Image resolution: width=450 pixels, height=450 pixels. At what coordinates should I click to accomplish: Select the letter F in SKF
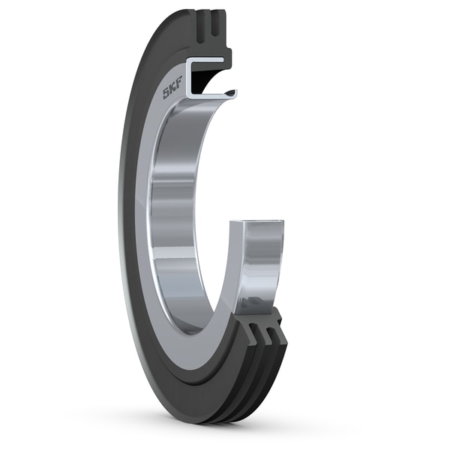(x=179, y=83)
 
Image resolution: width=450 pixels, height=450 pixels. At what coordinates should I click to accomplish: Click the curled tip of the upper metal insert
(x=233, y=94)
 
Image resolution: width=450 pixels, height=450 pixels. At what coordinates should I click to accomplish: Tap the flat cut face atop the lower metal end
(x=257, y=223)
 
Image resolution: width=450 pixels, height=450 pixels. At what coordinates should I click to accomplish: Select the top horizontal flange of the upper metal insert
(x=205, y=61)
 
